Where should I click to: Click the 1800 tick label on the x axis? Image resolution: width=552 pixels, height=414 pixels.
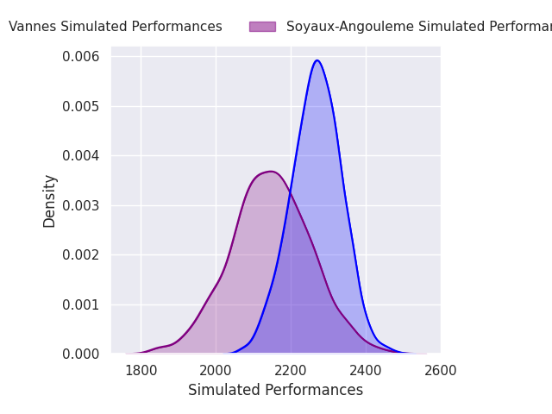(x=141, y=371)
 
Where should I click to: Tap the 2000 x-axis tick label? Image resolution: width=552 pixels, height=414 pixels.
(x=216, y=371)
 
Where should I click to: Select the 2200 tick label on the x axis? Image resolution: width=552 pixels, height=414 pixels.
(x=291, y=371)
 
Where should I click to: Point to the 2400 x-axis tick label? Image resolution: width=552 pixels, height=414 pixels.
(x=366, y=371)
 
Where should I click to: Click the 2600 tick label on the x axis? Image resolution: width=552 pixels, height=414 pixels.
(x=441, y=371)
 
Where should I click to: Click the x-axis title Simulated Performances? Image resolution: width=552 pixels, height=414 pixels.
(x=275, y=391)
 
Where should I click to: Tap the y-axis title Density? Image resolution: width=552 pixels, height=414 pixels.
(x=50, y=201)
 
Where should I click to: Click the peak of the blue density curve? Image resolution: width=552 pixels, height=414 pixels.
(x=317, y=60)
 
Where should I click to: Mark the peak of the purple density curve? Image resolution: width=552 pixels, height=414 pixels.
(x=271, y=172)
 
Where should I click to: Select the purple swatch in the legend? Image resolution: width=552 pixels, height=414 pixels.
(x=262, y=27)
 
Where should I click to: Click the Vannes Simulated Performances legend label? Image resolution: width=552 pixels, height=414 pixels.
(x=116, y=27)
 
